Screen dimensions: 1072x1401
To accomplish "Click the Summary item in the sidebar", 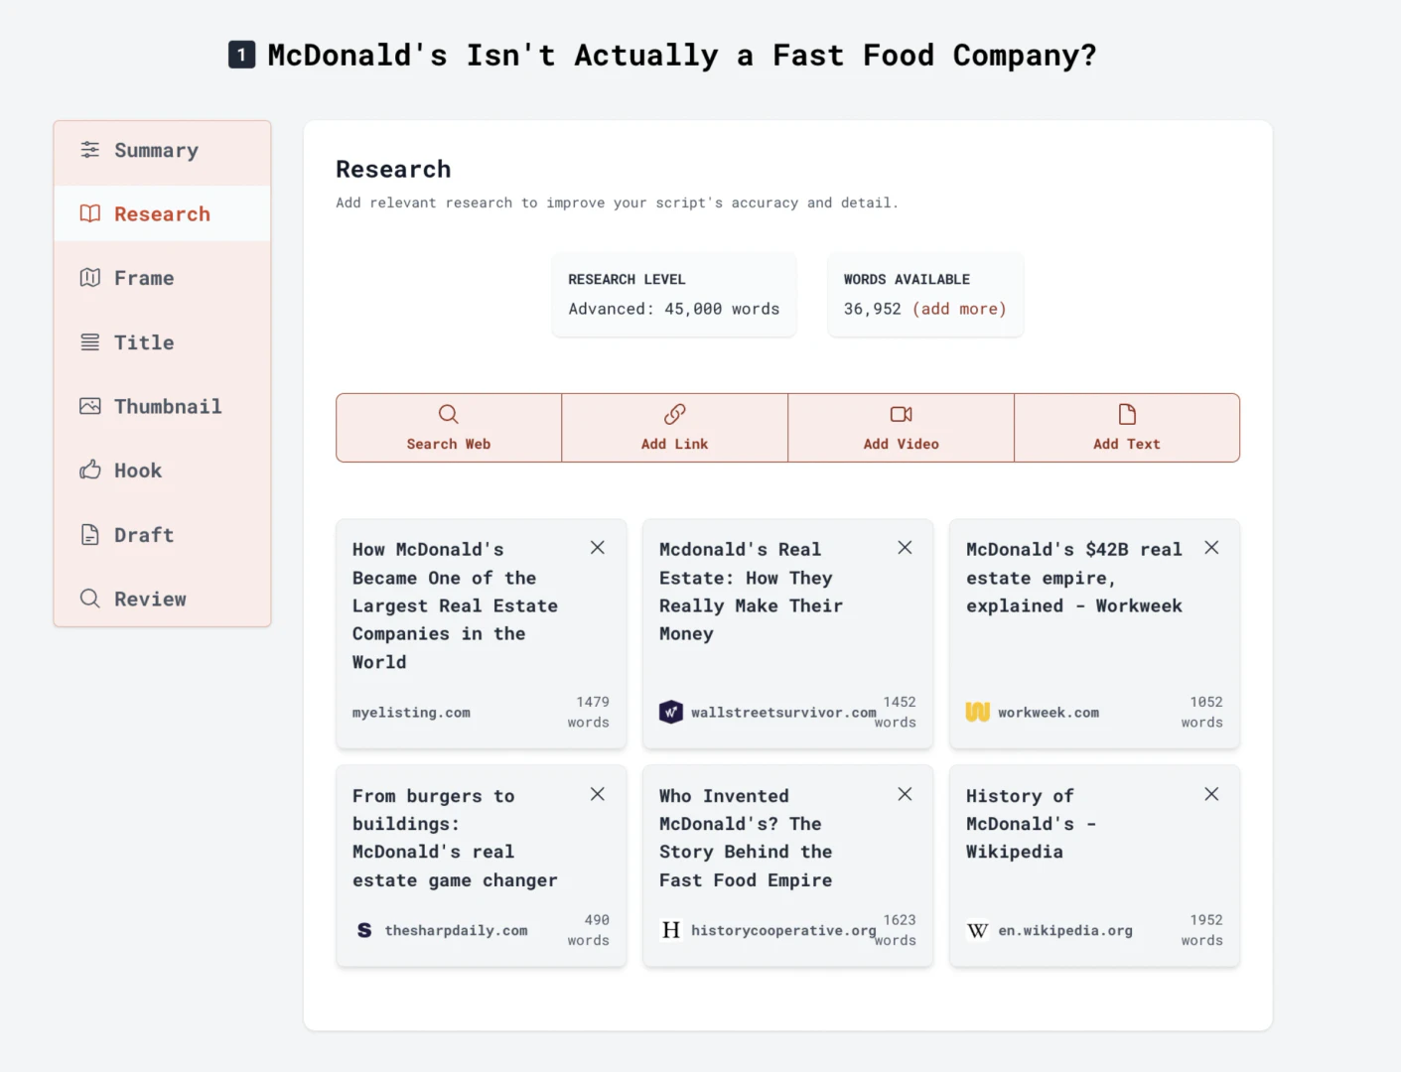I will [x=156, y=151].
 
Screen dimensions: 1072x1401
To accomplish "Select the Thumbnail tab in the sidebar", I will [x=167, y=407].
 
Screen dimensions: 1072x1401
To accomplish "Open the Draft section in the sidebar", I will [x=143, y=535].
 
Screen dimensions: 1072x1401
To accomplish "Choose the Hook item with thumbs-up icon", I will [x=137, y=470].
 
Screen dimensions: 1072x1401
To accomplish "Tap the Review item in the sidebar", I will [x=149, y=600].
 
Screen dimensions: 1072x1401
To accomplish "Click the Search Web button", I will [x=449, y=428].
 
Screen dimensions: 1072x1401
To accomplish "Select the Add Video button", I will [x=901, y=428].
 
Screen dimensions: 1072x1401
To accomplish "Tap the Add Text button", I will [x=1126, y=428].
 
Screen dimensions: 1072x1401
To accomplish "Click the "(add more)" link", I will [x=959, y=309].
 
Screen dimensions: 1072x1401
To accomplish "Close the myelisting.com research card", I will [x=598, y=548].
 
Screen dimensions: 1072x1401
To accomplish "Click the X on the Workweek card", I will [x=1211, y=548].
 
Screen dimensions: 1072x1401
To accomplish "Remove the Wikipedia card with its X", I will [x=1211, y=794].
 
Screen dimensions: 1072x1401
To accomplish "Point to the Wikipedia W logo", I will [x=978, y=930].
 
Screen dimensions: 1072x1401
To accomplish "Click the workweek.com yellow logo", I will [x=978, y=712].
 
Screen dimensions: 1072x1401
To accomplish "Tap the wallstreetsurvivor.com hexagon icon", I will [x=671, y=712].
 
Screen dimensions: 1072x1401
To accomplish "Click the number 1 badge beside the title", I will [x=241, y=55].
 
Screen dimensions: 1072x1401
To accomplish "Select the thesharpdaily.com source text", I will [x=456, y=931].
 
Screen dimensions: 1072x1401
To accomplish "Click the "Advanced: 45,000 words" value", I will [x=673, y=309].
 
